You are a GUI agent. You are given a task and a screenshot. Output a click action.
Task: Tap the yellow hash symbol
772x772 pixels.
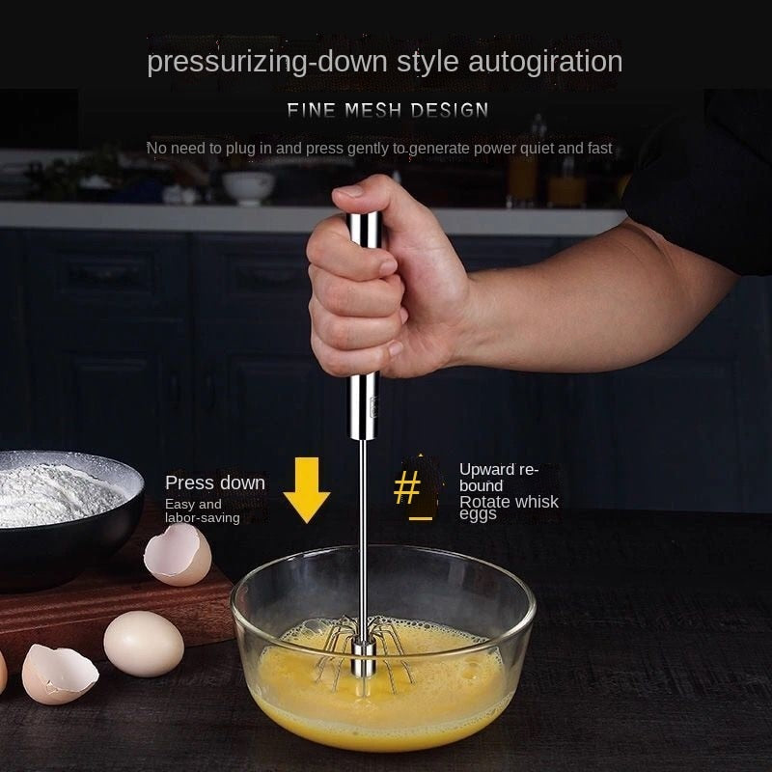tap(407, 488)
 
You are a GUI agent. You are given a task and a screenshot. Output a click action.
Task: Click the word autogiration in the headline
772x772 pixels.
tap(545, 62)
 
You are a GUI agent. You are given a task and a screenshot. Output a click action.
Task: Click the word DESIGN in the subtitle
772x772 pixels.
tap(450, 110)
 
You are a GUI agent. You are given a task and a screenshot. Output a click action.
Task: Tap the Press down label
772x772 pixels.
tap(214, 482)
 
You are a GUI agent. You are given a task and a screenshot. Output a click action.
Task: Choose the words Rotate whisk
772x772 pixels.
tap(509, 501)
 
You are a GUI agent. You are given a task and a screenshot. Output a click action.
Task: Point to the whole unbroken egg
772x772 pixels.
tap(143, 644)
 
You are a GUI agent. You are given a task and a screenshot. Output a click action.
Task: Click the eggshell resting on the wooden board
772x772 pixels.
tap(178, 555)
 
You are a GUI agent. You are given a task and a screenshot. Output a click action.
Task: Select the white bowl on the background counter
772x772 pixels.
tap(248, 185)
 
